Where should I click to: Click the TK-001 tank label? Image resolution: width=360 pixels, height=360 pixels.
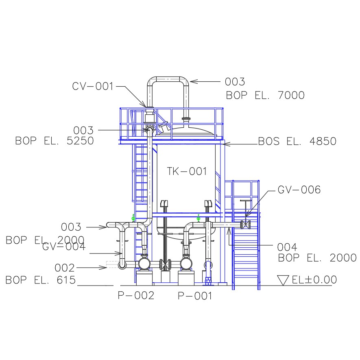(187, 171)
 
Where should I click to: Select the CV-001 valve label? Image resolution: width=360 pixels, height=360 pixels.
(93, 86)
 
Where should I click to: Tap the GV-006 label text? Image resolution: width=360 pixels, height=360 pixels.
(299, 190)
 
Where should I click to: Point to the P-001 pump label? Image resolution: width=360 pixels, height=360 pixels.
(195, 296)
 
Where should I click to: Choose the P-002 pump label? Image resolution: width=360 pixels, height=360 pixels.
(136, 295)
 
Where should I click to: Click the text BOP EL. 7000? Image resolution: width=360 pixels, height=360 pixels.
(265, 95)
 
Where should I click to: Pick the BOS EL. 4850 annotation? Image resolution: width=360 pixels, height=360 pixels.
(297, 141)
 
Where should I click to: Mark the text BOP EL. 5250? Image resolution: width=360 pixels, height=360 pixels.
(55, 141)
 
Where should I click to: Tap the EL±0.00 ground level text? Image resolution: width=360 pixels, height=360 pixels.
(314, 279)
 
